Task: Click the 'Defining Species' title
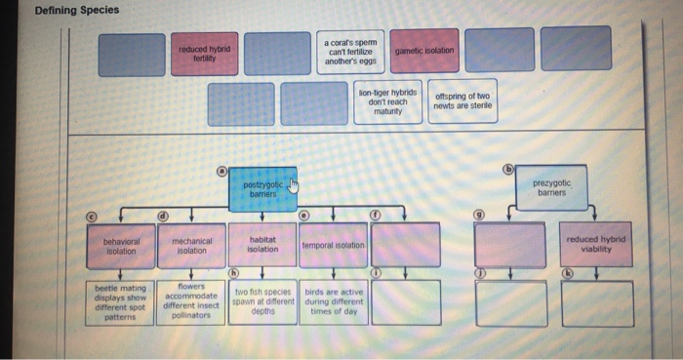click(x=76, y=10)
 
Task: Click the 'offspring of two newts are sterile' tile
click(x=462, y=101)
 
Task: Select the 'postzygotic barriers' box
click(x=262, y=188)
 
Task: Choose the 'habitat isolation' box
click(x=262, y=245)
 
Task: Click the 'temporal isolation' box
click(x=334, y=245)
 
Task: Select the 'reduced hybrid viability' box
click(x=596, y=245)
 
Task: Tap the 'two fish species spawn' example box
click(x=262, y=301)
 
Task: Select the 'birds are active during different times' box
click(x=334, y=301)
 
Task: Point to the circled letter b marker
click(x=507, y=168)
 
